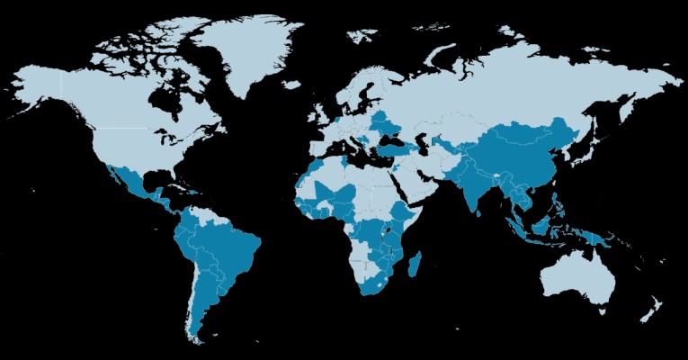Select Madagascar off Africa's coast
[x=415, y=266]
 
